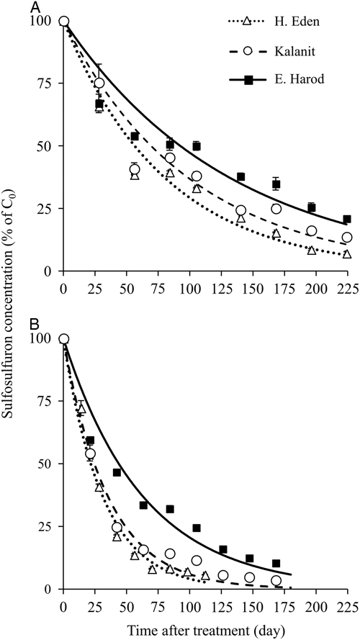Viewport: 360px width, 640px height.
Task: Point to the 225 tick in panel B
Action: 348,603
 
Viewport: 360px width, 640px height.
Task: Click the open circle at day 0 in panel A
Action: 63,21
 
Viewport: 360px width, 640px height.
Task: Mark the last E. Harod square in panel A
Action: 347,219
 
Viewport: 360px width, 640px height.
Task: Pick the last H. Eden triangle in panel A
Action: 347,254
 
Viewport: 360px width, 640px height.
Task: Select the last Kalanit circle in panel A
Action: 347,238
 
